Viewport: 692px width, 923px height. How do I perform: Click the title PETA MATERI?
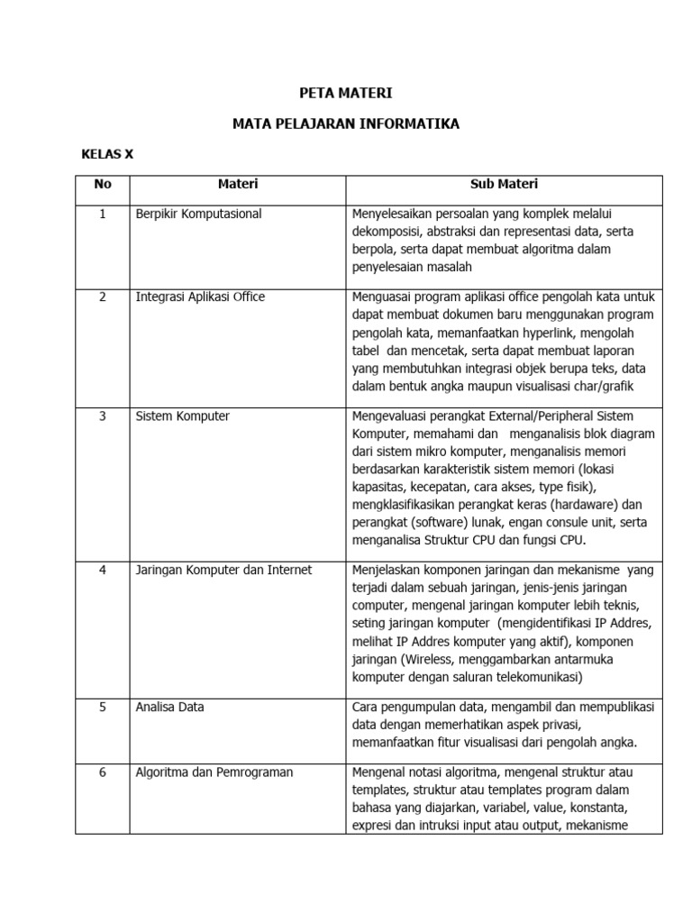345,93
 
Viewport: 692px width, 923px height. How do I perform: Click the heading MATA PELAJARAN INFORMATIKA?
345,123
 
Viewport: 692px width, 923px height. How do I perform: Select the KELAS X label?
107,154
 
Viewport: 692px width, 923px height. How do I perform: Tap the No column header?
103,184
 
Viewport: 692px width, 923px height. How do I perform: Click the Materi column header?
238,184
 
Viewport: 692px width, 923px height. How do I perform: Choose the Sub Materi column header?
504,184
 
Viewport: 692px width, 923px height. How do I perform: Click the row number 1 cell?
103,214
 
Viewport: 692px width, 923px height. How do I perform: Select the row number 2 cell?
103,297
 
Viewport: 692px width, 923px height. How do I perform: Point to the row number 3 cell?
103,416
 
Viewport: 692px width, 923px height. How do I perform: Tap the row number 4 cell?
103,570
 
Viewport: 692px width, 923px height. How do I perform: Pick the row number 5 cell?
103,708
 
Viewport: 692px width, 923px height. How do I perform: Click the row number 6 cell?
103,772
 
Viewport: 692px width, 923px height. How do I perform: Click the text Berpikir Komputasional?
198,214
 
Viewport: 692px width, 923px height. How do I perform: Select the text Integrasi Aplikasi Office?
200,297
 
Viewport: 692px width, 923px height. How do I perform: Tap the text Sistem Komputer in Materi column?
182,416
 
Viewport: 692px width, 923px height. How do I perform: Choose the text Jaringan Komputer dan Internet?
223,570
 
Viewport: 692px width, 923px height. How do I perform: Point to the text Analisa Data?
170,708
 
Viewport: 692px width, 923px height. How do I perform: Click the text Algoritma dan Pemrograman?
214,772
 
